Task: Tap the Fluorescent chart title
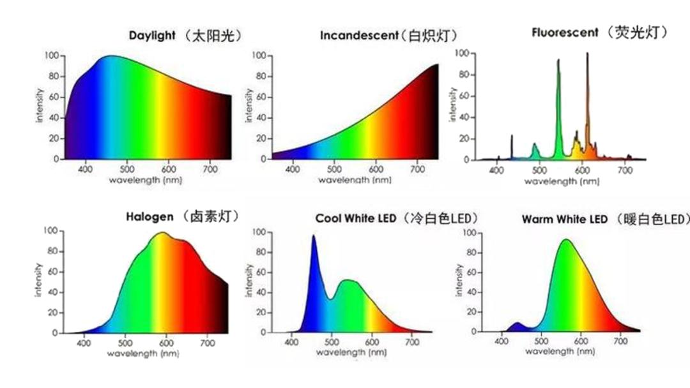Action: pos(599,32)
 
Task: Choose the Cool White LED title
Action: pos(397,219)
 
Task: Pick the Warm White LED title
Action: pos(606,220)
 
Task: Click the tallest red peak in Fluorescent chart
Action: pos(587,55)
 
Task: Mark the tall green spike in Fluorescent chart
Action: pos(558,61)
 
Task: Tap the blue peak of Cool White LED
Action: pos(313,237)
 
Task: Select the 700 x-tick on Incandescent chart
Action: pos(417,169)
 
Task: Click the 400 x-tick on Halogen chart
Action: pos(84,343)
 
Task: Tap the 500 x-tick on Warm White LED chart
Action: pos(540,342)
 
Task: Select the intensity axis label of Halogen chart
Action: pos(38,281)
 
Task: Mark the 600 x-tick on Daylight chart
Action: pos(169,169)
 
